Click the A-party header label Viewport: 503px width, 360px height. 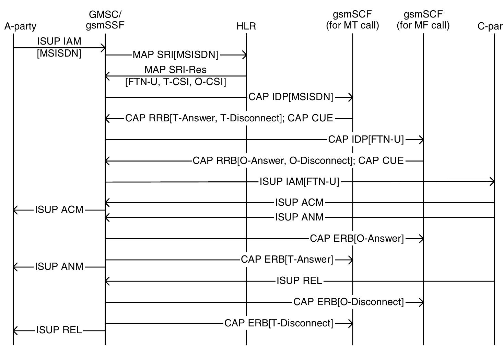click(20, 26)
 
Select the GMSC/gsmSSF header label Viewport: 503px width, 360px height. click(105, 20)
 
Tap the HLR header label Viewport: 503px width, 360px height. click(246, 26)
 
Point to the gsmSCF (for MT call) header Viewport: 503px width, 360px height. click(352, 20)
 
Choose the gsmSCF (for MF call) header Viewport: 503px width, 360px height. click(423, 20)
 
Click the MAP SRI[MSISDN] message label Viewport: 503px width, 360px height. click(175, 55)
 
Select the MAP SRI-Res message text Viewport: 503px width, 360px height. click(175, 70)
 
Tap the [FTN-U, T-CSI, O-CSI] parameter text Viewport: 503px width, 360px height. click(176, 82)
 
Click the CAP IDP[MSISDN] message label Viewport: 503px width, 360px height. click(291, 97)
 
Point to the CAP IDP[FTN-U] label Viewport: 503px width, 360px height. click(366, 140)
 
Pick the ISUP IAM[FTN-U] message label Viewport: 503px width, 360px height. click(299, 182)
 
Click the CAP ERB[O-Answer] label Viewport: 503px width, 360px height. click(357, 239)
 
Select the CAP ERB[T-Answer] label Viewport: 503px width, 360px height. click(287, 260)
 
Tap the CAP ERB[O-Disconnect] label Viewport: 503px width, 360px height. click(349, 302)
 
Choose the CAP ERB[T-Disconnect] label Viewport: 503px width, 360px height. click(279, 323)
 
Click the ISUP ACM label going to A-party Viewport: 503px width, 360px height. click(59, 210)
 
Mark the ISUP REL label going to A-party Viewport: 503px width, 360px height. click(59, 331)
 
